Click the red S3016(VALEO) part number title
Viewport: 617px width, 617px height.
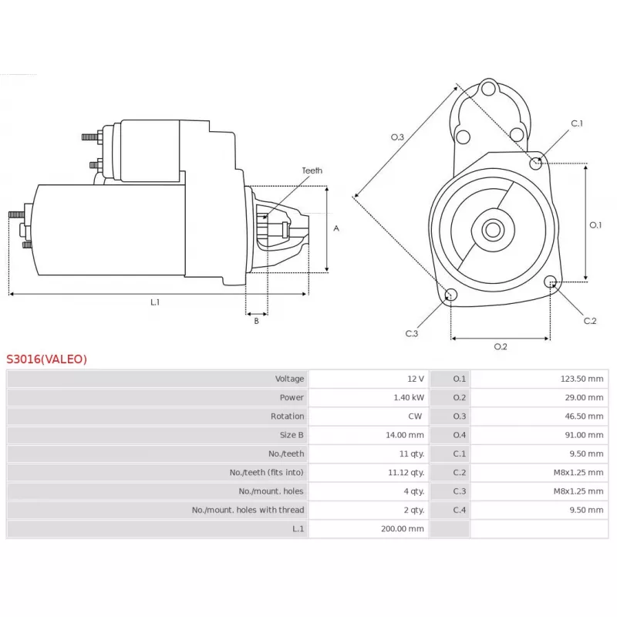46,359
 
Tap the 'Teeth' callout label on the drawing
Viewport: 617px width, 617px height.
312,170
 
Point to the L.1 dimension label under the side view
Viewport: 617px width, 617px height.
155,302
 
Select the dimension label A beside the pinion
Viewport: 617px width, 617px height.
336,228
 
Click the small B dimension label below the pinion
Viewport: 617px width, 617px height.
257,321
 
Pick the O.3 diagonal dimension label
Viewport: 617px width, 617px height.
397,137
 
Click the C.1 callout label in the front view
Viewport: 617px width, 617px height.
577,123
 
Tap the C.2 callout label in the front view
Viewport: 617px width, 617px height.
590,321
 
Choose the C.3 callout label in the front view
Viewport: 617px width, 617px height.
412,334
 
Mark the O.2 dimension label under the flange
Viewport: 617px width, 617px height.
501,346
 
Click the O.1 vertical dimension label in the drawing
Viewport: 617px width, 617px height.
595,225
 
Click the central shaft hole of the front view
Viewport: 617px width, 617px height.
493,230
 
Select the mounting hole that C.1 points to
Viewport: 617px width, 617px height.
535,163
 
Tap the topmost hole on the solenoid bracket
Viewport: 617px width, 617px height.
488,89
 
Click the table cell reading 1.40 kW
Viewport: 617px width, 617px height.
409,397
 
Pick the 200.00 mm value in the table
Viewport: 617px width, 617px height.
402,529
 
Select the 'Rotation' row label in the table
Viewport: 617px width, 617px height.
287,416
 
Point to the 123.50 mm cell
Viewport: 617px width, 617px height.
582,379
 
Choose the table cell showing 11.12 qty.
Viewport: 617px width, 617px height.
406,473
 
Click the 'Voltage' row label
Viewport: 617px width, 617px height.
290,379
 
